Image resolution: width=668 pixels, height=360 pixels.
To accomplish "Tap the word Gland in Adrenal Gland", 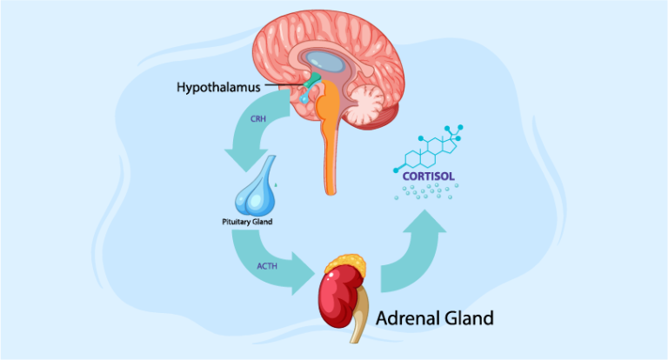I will click(470, 318).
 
